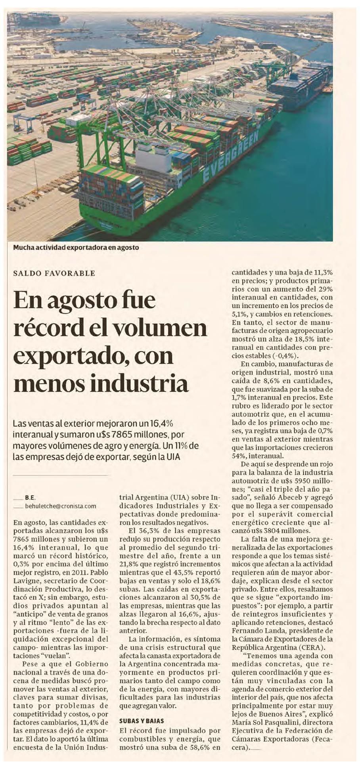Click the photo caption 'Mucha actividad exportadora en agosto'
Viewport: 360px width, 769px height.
coord(76,247)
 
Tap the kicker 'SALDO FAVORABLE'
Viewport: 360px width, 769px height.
coord(54,273)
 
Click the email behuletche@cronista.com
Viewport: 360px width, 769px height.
coord(61,506)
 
